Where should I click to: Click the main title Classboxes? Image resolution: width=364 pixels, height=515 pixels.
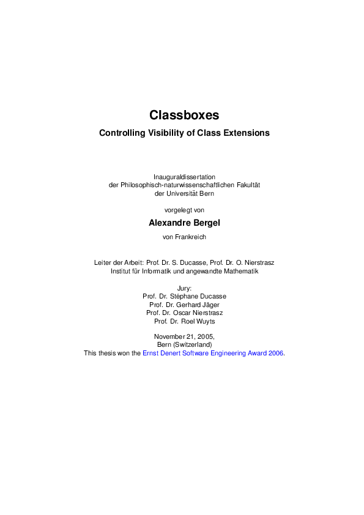click(184, 115)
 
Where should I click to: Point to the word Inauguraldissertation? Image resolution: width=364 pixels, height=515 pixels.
click(184, 177)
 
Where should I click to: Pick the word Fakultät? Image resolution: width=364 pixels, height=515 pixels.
click(246, 185)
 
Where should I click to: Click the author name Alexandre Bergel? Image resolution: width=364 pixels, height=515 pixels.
click(184, 223)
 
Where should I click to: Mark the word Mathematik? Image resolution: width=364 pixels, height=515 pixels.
click(239, 270)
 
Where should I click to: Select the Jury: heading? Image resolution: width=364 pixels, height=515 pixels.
click(184, 287)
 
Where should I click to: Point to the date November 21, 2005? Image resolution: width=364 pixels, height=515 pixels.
click(184, 336)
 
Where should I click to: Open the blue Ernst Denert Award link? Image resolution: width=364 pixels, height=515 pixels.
click(213, 353)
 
